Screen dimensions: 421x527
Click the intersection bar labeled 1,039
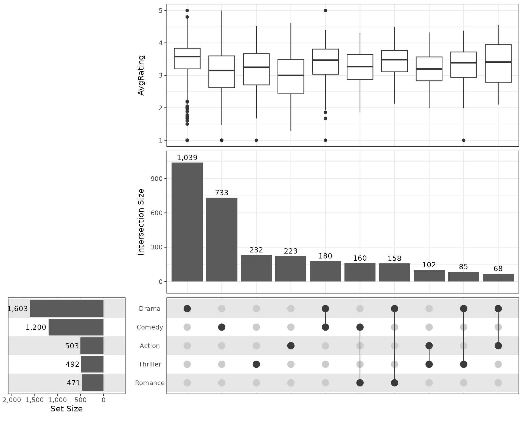point(187,222)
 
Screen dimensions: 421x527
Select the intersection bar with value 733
point(222,240)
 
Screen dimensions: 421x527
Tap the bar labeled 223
point(291,269)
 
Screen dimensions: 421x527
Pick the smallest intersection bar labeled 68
point(498,278)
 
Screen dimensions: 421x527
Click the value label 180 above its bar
point(325,256)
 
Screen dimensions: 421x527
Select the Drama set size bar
point(67,309)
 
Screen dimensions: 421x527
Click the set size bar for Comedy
point(76,327)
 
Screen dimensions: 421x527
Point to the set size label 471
point(73,383)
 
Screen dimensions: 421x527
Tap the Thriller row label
point(150,364)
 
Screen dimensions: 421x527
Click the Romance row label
point(150,383)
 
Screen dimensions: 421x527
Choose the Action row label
point(150,346)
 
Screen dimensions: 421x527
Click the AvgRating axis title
point(141,75)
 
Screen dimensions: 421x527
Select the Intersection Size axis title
point(141,222)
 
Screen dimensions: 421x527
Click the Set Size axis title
point(66,409)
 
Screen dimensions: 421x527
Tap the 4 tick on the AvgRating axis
point(161,43)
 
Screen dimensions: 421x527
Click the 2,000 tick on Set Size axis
point(12,400)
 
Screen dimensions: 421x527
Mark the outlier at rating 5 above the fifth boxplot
point(325,10)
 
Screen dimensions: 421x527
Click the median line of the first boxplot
point(187,56)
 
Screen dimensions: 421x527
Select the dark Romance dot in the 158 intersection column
point(394,383)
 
